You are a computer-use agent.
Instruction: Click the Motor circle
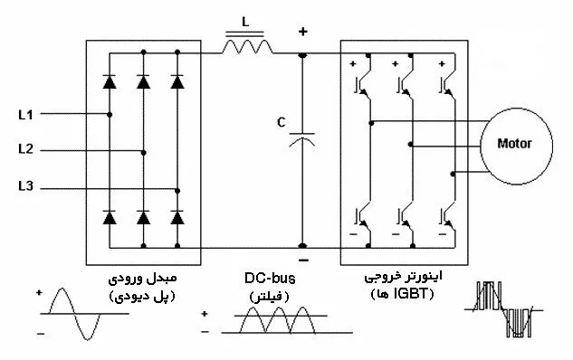[514, 143]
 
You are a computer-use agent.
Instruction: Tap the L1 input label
[25, 115]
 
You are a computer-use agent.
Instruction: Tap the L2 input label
[25, 149]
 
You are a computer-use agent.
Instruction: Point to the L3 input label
[25, 186]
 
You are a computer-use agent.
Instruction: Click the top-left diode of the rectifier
[110, 82]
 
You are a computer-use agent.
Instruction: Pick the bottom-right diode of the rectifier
[177, 217]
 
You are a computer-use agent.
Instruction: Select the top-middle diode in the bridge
[143, 82]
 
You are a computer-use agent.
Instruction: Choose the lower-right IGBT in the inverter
[446, 216]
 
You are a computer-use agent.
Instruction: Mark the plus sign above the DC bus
[302, 33]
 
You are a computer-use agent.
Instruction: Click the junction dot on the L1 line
[110, 115]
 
